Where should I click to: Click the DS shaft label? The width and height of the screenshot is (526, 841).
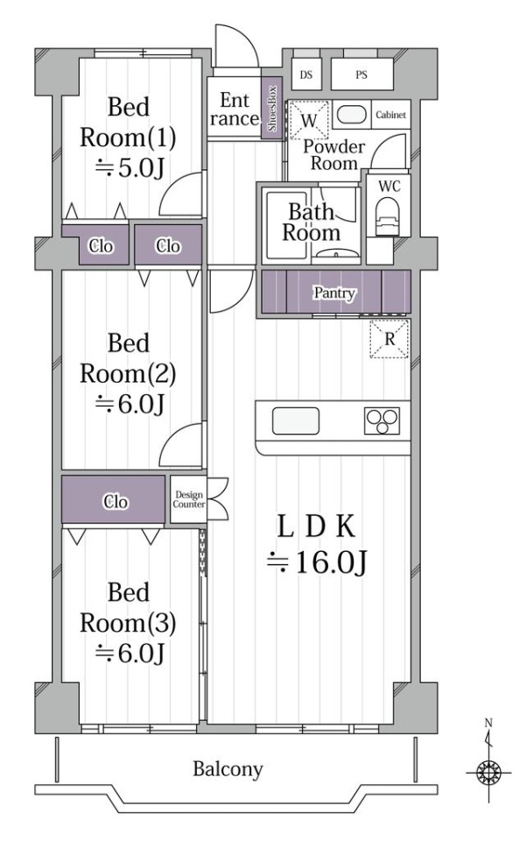(305, 74)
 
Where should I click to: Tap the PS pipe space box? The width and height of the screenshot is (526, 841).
(362, 74)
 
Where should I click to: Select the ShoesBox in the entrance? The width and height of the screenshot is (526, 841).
(272, 109)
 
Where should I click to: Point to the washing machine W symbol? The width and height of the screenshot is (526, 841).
(309, 120)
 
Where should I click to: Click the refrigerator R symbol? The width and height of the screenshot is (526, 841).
(389, 339)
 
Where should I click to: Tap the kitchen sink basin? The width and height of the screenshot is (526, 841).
(296, 421)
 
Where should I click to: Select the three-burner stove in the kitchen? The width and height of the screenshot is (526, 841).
(382, 420)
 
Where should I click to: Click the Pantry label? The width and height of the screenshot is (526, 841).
(334, 293)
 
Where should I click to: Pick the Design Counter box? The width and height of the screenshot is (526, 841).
(188, 499)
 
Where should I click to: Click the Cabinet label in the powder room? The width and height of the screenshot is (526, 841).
(390, 115)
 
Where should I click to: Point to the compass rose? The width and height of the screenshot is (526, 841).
(488, 773)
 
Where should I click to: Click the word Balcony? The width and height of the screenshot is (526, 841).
(228, 769)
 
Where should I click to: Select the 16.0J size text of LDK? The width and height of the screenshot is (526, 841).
(317, 562)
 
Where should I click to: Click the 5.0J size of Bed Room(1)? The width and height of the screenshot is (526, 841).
(129, 168)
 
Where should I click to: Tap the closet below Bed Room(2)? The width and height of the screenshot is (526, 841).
(113, 499)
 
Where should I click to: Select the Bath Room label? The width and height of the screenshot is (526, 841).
(312, 222)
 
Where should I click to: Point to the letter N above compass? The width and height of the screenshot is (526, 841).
(488, 723)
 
